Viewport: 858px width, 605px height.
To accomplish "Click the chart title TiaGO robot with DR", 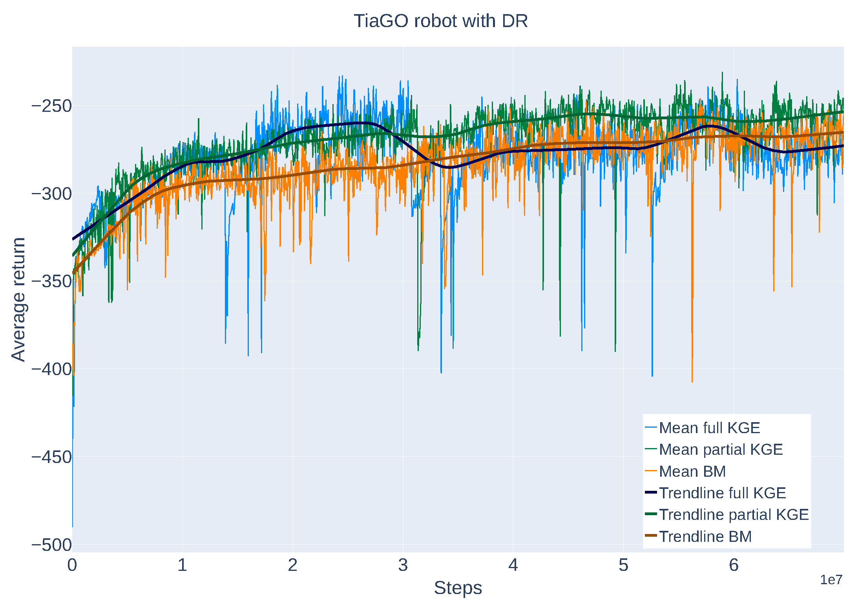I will click(x=440, y=21).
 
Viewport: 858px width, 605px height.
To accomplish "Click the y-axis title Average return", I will click(x=18, y=299).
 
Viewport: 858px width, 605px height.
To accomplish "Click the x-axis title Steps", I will click(x=458, y=588).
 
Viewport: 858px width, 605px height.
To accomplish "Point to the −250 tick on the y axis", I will click(x=51, y=106).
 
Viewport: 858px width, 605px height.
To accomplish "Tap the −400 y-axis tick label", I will click(x=51, y=369).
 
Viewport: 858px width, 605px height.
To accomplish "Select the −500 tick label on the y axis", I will click(x=51, y=545).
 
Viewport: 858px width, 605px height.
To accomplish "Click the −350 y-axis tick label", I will click(x=51, y=281).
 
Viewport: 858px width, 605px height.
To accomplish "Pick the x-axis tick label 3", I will click(x=403, y=565).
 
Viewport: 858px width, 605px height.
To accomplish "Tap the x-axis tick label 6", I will click(x=734, y=565).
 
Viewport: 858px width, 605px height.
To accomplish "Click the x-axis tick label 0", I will click(x=72, y=565).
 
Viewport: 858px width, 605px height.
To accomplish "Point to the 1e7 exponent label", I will click(x=831, y=579).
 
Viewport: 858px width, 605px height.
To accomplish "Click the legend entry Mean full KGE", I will click(x=709, y=428).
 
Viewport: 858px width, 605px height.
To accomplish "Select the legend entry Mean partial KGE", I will click(x=721, y=449).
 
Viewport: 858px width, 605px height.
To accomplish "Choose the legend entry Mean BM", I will click(x=692, y=471).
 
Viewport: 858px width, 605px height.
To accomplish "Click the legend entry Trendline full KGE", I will click(x=722, y=493).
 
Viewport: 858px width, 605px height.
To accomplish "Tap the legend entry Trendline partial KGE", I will click(x=734, y=514).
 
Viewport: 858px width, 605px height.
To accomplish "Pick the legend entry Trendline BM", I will click(x=705, y=536).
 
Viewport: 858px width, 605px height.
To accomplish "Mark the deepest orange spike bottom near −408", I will click(x=692, y=381).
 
